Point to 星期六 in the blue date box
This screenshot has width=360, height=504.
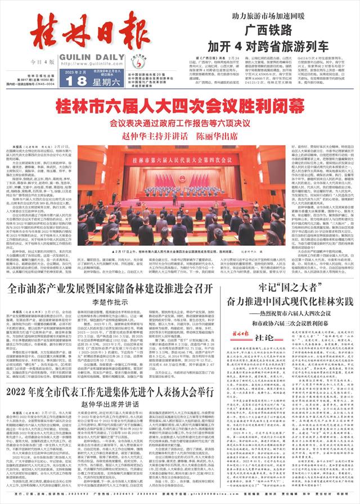coord(103,80)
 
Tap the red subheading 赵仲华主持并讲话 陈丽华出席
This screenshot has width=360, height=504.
coord(179,136)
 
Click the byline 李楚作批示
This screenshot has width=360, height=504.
coord(110,302)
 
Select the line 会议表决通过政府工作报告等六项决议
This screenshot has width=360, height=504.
coord(179,123)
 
